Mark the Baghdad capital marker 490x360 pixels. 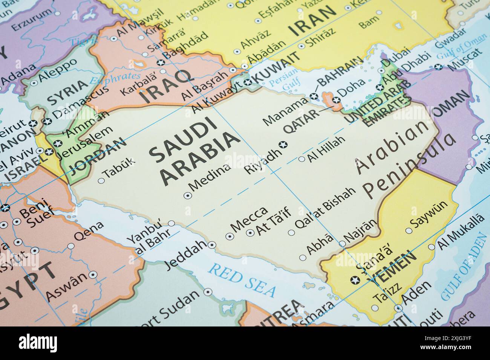click(x=161, y=63)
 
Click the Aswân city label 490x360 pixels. click(x=65, y=288)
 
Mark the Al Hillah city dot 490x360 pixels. click(x=302, y=159)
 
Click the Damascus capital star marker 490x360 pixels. click(x=47, y=121)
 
